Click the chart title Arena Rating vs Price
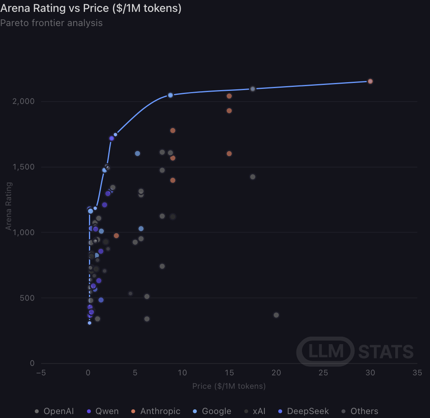click(91, 8)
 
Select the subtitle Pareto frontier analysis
click(51, 23)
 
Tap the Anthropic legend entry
click(156, 411)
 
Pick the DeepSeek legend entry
click(303, 411)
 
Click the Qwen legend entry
click(103, 411)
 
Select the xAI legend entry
click(255, 411)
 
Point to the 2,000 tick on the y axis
click(24, 102)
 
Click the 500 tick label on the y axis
click(27, 298)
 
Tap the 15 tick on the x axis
click(229, 373)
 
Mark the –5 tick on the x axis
click(41, 373)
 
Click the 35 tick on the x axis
click(417, 373)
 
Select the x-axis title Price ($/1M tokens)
click(229, 386)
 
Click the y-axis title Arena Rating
click(9, 206)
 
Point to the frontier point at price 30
click(370, 81)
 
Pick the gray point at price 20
click(276, 315)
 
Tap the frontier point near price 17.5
click(253, 89)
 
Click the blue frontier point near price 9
click(170, 95)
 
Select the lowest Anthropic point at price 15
click(229, 154)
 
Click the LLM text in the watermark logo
click(326, 351)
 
